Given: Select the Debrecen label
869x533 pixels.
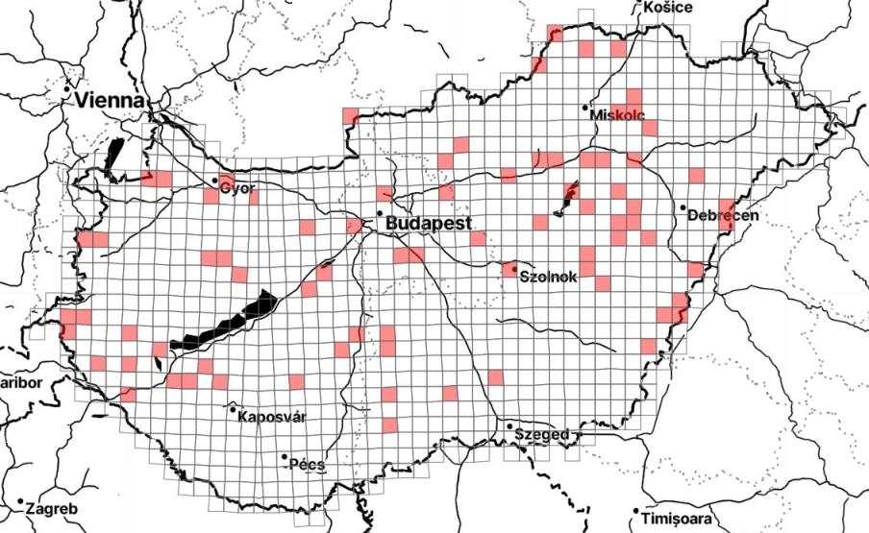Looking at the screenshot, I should (724, 215).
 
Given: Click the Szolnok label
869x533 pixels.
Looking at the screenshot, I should (548, 277).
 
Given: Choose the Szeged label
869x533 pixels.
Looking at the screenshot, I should (543, 434).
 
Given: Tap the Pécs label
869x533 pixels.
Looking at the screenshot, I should (310, 465).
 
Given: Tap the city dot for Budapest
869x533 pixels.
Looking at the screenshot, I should (380, 213).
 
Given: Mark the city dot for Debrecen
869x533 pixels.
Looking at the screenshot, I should (682, 207).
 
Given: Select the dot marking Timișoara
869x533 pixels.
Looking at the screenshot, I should (636, 511).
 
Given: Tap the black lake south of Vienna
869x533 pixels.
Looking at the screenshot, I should (114, 158).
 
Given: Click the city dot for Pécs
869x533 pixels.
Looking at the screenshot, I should (286, 458).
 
